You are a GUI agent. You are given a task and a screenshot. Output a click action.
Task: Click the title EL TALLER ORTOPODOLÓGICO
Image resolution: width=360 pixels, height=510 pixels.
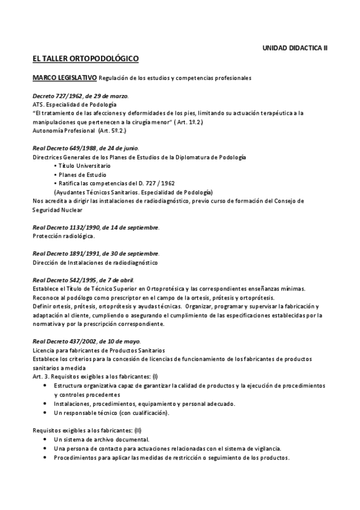coord(86,59)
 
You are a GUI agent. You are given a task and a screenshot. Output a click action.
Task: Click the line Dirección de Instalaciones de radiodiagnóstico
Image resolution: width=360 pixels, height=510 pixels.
coord(94,263)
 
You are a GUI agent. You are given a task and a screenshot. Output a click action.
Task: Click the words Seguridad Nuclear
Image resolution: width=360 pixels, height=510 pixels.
coord(58,210)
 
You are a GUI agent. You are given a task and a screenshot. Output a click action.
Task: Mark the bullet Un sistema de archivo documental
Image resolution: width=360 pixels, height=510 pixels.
coord(97,439)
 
